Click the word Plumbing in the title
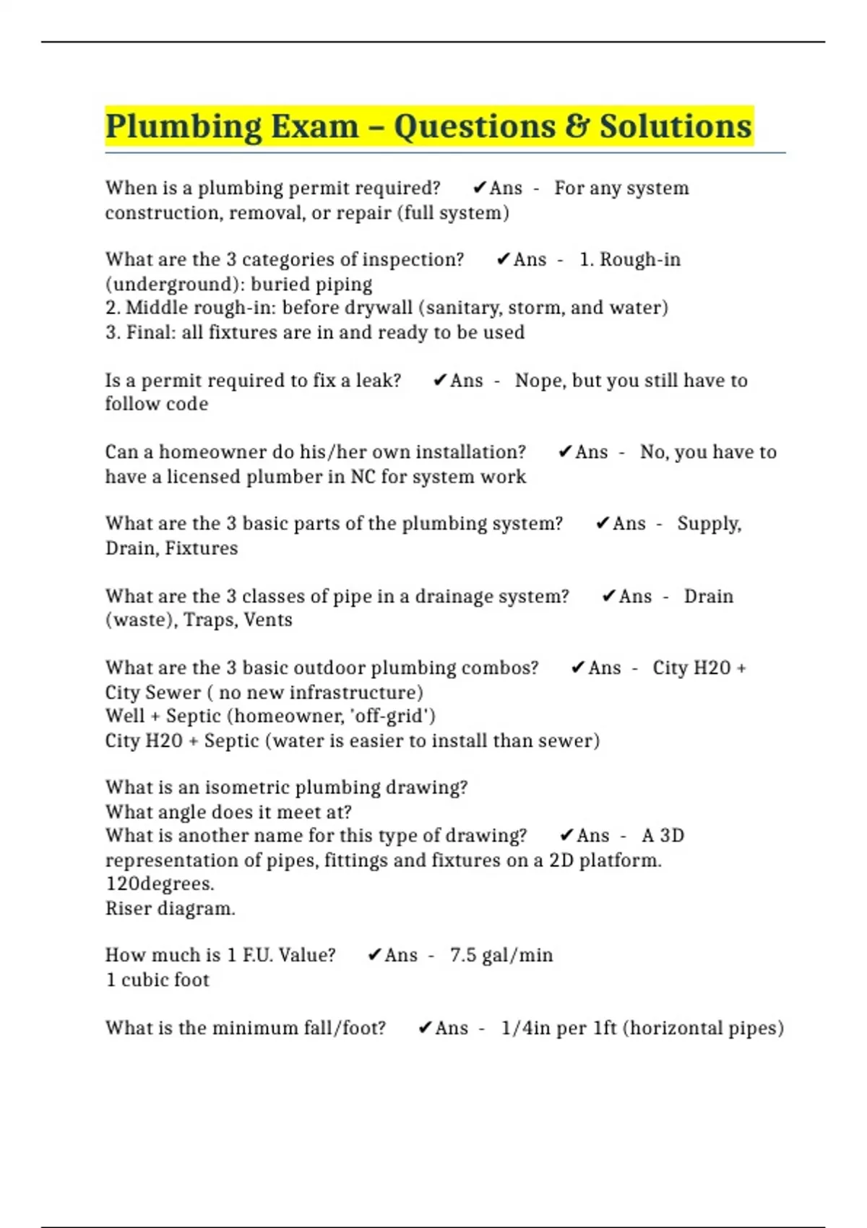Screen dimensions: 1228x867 coord(183,127)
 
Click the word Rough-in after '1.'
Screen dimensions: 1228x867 coord(640,260)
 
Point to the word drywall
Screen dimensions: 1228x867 coord(379,308)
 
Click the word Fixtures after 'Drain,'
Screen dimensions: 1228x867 coord(202,548)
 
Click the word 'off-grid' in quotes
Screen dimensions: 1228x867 coord(397,716)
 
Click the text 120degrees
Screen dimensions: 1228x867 coord(160,884)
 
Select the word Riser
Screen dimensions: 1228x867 coord(126,908)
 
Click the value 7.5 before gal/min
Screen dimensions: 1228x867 coord(463,955)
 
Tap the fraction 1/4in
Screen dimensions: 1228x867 coord(525,1028)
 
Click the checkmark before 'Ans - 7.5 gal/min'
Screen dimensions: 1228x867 coord(374,955)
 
